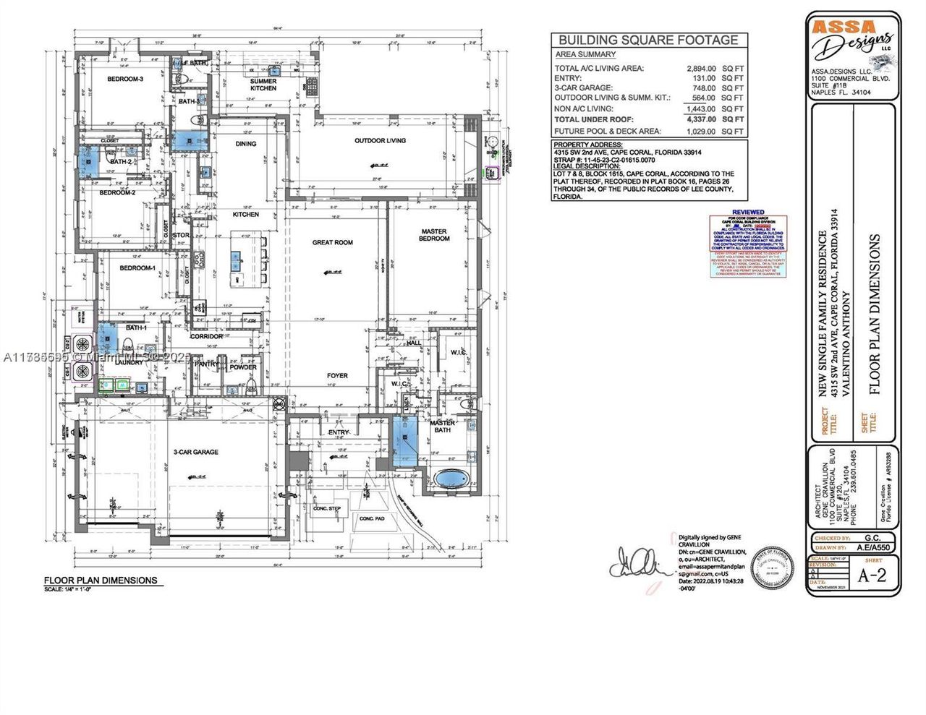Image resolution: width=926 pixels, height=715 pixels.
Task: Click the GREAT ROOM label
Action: pyautogui.click(x=333, y=242)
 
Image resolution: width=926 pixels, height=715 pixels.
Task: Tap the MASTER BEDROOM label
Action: pyautogui.click(x=434, y=235)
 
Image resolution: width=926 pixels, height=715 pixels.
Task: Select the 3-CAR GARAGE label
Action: pyautogui.click(x=195, y=452)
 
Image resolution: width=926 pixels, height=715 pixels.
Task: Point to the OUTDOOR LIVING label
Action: pyautogui.click(x=380, y=140)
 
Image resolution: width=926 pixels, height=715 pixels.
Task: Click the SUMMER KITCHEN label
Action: pyautogui.click(x=263, y=85)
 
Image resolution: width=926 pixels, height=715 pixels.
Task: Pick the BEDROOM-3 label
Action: pyautogui.click(x=126, y=79)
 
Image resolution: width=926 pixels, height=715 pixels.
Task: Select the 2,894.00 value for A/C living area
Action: pyautogui.click(x=700, y=68)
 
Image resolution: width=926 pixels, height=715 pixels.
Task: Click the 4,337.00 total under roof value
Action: pyautogui.click(x=700, y=119)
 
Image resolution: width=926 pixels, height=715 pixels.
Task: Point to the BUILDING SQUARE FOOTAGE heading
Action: pyautogui.click(x=648, y=40)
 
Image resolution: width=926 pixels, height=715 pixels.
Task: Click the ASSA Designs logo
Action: pyautogui.click(x=851, y=40)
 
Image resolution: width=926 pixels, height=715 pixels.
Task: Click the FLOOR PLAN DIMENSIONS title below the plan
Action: pyautogui.click(x=101, y=580)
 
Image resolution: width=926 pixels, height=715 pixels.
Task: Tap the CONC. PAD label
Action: pyautogui.click(x=372, y=518)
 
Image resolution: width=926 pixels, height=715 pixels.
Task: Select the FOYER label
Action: pyautogui.click(x=337, y=375)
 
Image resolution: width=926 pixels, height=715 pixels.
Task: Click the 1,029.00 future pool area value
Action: pyautogui.click(x=700, y=132)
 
